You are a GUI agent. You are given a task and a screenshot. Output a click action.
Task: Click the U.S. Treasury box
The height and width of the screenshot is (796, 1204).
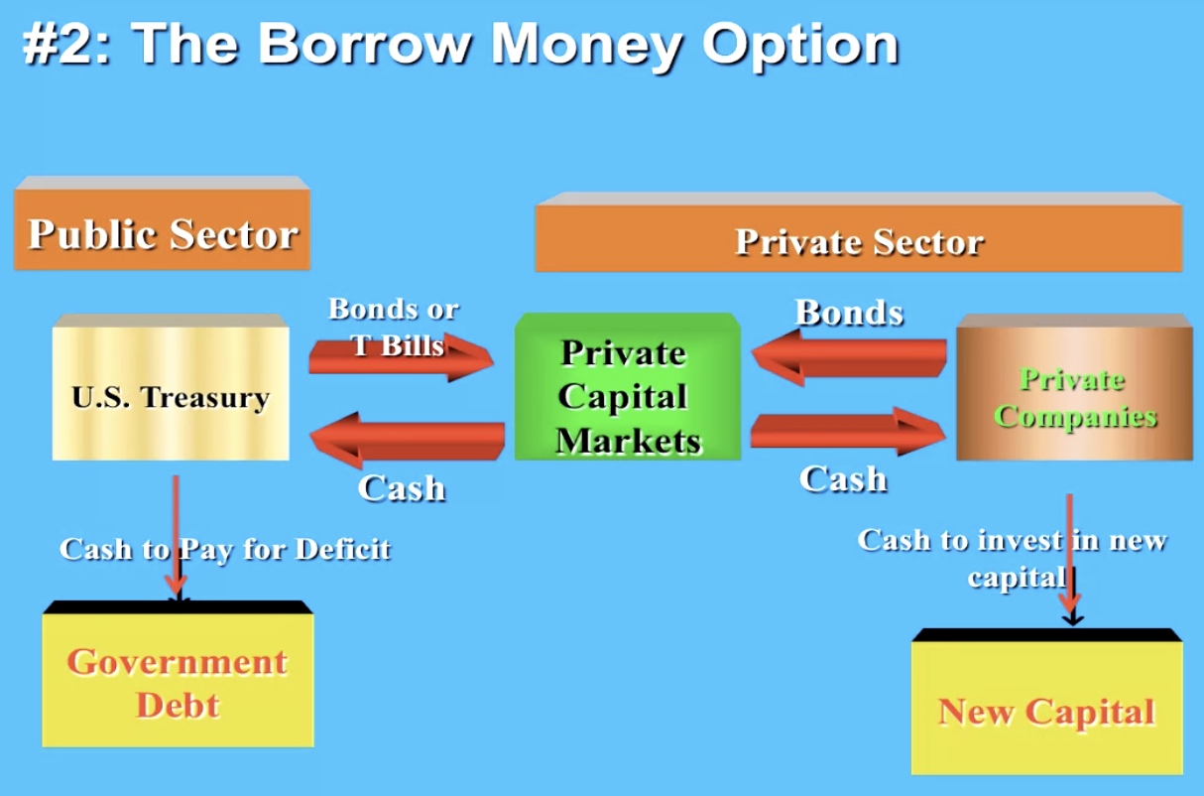coord(171,387)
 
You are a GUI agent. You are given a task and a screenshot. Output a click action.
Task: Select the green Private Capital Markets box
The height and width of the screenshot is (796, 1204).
coord(628,386)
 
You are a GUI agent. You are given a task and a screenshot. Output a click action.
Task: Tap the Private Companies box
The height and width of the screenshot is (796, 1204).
coord(1074,387)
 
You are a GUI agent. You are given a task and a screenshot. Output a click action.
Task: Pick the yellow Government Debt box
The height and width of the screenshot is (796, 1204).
coord(178,674)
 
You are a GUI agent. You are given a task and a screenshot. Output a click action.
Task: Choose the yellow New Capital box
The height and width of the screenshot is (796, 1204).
coord(1047,702)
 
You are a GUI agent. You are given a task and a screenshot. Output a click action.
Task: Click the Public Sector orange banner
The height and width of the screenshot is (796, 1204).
coord(162,222)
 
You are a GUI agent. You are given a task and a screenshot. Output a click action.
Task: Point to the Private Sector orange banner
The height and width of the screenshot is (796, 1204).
coord(859,232)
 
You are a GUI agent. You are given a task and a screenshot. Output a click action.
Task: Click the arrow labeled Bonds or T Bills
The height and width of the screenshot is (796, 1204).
coord(401,357)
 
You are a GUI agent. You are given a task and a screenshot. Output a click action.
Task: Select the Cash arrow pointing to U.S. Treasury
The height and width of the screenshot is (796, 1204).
coord(407,441)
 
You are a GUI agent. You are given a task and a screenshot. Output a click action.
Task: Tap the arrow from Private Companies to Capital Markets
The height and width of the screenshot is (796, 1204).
coord(849,357)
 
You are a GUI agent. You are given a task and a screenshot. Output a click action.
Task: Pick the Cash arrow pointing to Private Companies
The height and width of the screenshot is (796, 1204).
coord(848,432)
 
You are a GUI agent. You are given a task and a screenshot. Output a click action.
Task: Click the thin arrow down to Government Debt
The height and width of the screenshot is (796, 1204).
coord(176,538)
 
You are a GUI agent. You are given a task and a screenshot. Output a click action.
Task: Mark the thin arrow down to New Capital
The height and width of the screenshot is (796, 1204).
coord(1071,560)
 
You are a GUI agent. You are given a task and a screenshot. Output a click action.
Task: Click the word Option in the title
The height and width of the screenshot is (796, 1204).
coord(800,46)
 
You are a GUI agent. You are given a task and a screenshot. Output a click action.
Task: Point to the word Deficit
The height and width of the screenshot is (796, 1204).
coord(343,549)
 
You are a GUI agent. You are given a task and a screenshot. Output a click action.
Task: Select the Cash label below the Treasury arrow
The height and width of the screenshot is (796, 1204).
coord(402,488)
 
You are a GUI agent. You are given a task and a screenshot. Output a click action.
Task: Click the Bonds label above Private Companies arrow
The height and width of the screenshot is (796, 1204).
coord(849,313)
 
